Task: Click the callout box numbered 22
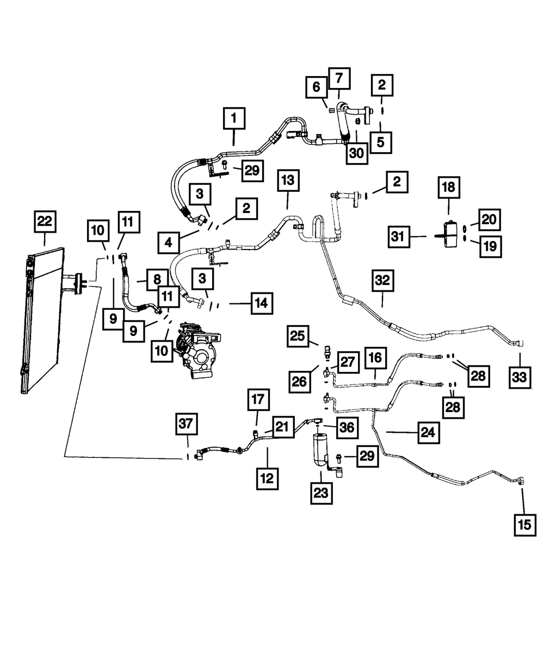[x=45, y=222]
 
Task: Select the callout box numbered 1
[x=234, y=119]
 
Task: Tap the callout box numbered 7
[x=339, y=78]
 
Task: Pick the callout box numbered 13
[x=288, y=180]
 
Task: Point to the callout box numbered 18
[x=449, y=187]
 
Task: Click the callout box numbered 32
[x=382, y=281]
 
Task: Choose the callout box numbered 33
[x=520, y=377]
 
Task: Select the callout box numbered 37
[x=186, y=424]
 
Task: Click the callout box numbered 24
[x=428, y=433]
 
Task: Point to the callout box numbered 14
[x=262, y=303]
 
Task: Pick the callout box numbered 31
[x=399, y=236]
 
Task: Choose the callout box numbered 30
[x=357, y=153]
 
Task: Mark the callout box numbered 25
[x=298, y=337]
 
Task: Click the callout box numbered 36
[x=347, y=428]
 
